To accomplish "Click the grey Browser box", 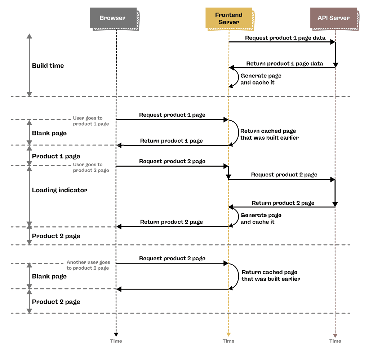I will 112,18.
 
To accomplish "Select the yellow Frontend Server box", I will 228,18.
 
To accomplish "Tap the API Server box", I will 333,18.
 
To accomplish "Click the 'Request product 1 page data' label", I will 285,38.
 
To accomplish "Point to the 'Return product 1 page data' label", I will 285,64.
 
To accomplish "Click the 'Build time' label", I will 48,66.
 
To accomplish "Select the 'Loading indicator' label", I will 59,190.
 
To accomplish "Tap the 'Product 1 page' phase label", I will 56,156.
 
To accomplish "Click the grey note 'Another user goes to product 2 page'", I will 88,265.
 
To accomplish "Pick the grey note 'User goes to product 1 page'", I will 91,121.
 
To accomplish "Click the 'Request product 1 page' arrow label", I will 172,115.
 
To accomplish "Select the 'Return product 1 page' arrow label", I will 171,141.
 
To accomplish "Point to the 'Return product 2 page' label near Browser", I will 171,222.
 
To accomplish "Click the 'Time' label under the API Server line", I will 335,341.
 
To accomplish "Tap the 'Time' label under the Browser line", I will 116,341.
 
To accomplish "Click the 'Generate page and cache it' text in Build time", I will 261,79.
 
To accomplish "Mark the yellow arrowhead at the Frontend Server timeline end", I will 228,335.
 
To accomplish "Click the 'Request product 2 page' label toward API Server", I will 284,175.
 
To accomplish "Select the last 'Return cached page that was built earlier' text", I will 271,276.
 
